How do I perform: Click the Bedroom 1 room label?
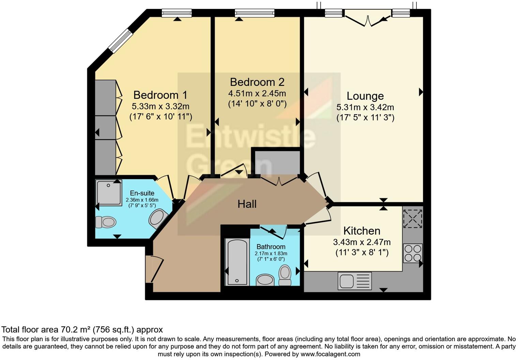click(x=160, y=95)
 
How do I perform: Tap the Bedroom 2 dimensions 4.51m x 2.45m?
click(x=257, y=93)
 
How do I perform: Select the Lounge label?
click(x=365, y=96)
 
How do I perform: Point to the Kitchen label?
click(x=362, y=231)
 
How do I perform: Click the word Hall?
click(x=247, y=204)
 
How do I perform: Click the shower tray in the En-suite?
click(x=108, y=193)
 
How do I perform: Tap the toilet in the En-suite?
click(x=106, y=222)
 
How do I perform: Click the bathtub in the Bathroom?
click(x=237, y=262)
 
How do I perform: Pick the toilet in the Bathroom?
click(x=285, y=275)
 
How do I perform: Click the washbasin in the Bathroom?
click(x=265, y=280)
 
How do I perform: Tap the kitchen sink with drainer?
click(x=354, y=281)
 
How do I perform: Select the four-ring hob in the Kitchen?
click(x=413, y=253)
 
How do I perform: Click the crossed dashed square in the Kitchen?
click(x=413, y=219)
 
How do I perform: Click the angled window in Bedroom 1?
click(x=120, y=41)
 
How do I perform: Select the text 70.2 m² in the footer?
click(x=76, y=330)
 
